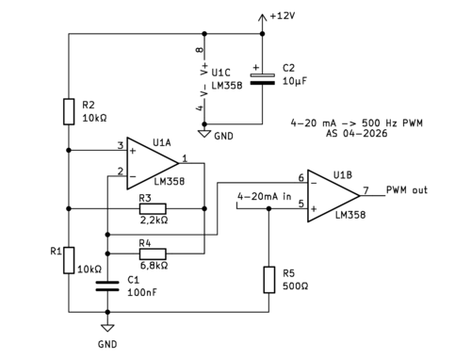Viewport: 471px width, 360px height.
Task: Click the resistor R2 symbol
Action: click(x=69, y=112)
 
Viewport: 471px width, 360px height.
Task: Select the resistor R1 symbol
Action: click(x=69, y=260)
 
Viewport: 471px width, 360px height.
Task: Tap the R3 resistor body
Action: click(x=153, y=208)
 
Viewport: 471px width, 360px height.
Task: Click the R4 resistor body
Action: click(x=153, y=254)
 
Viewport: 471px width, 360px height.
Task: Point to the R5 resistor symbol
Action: click(x=268, y=280)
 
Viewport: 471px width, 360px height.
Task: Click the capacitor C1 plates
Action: click(x=107, y=286)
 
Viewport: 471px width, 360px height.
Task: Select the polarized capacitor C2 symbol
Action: click(x=263, y=79)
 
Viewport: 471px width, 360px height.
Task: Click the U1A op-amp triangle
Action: click(x=153, y=163)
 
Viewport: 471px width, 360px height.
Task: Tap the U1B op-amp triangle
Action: click(x=333, y=196)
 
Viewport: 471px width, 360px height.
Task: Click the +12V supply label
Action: click(x=283, y=16)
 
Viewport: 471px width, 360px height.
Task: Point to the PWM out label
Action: click(x=407, y=190)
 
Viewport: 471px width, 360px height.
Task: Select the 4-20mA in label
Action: click(x=265, y=197)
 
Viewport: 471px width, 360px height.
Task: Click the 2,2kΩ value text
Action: click(x=154, y=220)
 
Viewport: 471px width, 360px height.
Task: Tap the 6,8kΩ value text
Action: click(x=154, y=266)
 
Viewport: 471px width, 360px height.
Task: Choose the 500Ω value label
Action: click(x=295, y=286)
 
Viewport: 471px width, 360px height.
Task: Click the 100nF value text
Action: click(x=142, y=292)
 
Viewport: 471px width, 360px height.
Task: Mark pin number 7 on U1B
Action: click(x=365, y=190)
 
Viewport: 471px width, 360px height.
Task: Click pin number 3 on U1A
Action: click(x=121, y=145)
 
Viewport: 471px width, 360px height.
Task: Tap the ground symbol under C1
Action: click(x=107, y=328)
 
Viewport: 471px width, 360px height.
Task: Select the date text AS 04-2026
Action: click(x=356, y=133)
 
